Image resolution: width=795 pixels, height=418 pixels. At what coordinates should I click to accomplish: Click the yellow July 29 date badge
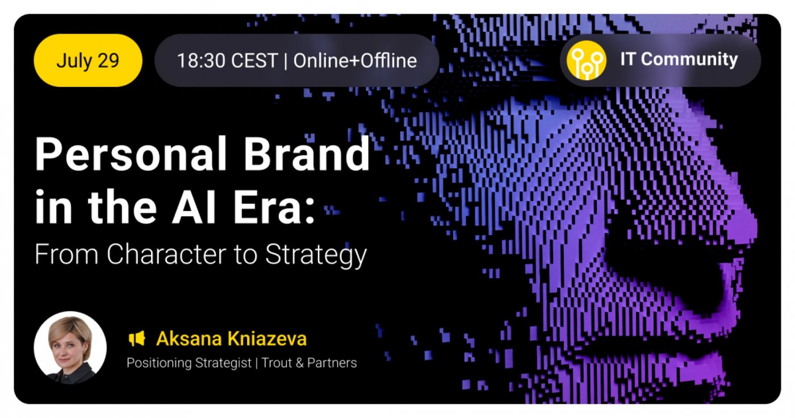(x=88, y=60)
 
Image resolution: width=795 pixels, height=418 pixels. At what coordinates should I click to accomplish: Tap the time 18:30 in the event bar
(x=201, y=61)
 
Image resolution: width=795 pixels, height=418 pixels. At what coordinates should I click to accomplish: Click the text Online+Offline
(x=355, y=61)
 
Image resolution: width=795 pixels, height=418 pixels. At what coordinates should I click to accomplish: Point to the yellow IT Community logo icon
(x=586, y=60)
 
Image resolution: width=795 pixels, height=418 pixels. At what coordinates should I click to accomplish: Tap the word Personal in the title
(x=131, y=154)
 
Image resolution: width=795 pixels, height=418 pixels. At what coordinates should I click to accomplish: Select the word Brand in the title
(x=307, y=154)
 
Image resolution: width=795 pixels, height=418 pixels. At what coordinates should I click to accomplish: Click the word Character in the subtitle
(x=166, y=255)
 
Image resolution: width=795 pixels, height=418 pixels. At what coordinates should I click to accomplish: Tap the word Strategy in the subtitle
(x=316, y=255)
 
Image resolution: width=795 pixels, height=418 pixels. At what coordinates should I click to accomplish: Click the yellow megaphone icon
(x=137, y=338)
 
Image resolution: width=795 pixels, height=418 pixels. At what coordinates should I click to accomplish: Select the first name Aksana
(x=189, y=338)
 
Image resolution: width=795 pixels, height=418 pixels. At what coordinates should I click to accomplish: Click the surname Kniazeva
(x=267, y=338)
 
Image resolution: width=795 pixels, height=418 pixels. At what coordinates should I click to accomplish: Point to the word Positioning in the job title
(x=159, y=363)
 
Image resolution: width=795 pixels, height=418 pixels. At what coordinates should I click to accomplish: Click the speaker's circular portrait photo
(x=70, y=347)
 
